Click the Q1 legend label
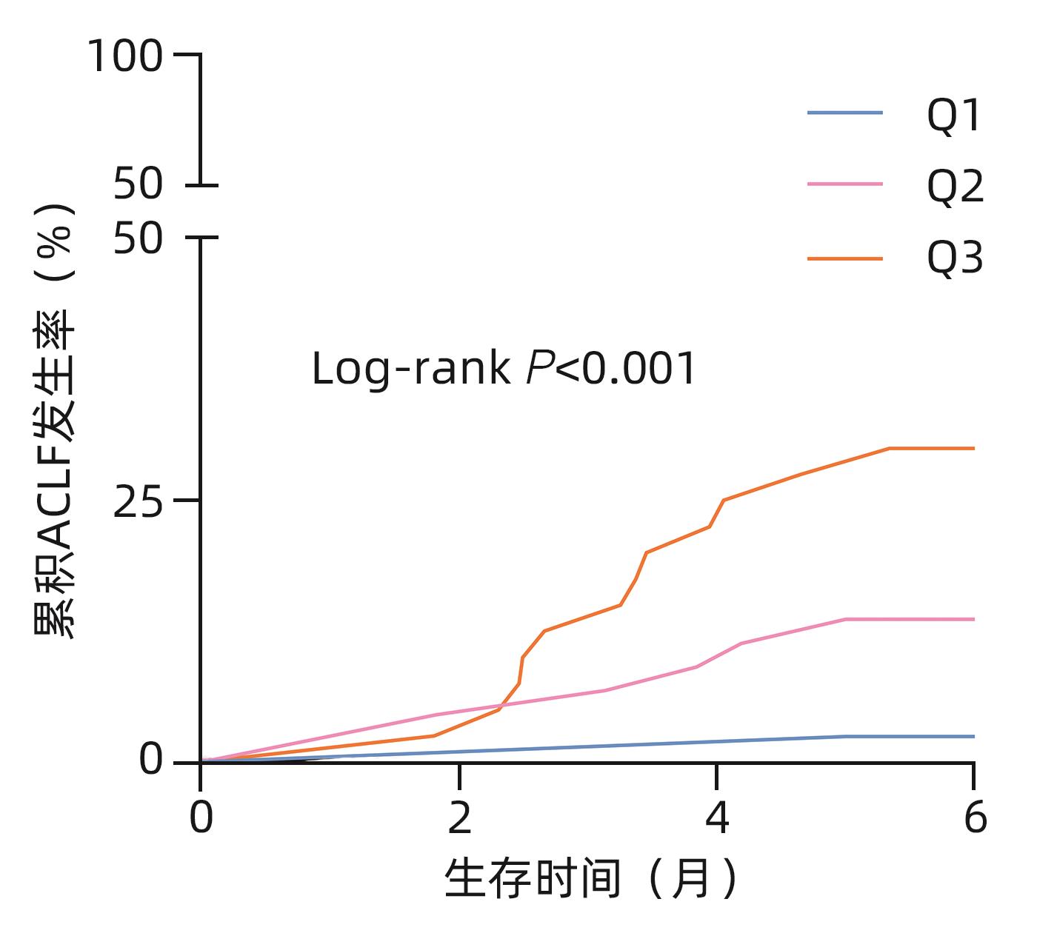click(x=954, y=116)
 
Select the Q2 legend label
click(x=956, y=187)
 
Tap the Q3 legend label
click(x=956, y=258)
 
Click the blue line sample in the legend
click(x=845, y=113)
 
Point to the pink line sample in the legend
click(x=845, y=184)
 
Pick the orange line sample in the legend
click(x=845, y=258)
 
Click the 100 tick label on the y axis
click(x=125, y=57)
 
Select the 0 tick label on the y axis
click(x=151, y=760)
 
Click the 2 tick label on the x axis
click(x=460, y=819)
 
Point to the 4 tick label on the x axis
click(x=717, y=819)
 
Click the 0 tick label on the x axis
click(x=201, y=819)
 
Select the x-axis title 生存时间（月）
click(x=591, y=879)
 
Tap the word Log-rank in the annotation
click(x=410, y=369)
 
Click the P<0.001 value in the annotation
click(x=611, y=369)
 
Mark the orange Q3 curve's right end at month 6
click(x=973, y=448)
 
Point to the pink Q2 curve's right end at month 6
click(x=973, y=619)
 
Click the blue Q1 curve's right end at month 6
click(x=973, y=736)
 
